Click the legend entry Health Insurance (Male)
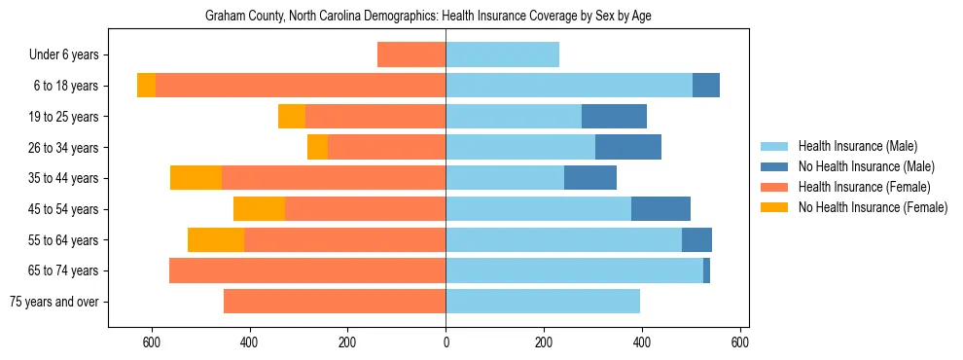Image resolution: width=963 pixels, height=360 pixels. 857,146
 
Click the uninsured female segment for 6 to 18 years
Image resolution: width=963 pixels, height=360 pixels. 146,86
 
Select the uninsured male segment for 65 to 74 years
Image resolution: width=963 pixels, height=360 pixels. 706,270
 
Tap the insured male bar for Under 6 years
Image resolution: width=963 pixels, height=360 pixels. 502,55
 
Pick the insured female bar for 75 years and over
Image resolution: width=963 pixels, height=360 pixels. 335,302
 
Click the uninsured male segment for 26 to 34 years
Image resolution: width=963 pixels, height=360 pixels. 628,147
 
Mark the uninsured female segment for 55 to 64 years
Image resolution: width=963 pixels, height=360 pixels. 216,239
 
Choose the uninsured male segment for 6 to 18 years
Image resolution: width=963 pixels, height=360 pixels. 706,86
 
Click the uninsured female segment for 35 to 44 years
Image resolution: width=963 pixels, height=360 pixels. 196,178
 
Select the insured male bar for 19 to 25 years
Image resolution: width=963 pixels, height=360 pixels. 514,117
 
